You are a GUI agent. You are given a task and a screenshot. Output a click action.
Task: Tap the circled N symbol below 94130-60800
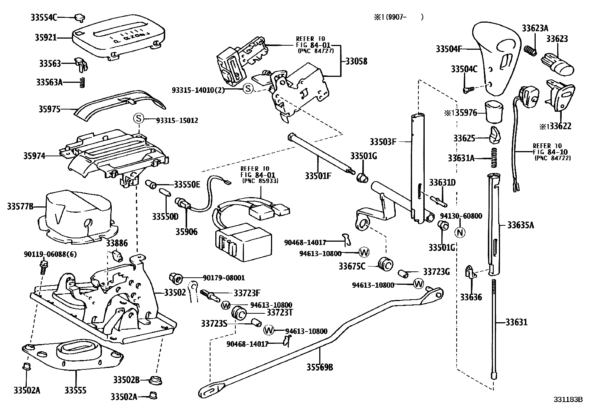460,232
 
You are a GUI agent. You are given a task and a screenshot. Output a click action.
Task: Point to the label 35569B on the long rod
320,368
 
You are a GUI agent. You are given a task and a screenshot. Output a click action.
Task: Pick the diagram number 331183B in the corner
568,400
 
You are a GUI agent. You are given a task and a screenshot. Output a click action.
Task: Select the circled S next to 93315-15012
138,119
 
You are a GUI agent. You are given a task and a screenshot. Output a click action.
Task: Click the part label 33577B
20,206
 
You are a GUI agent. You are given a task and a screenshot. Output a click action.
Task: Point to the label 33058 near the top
356,61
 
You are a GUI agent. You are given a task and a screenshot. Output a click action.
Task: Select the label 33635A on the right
520,225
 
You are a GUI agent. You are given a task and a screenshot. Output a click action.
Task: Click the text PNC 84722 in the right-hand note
552,158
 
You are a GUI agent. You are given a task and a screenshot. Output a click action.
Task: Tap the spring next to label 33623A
530,50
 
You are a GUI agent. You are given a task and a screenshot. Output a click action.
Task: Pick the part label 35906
186,232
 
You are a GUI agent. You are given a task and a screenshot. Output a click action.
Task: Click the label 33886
117,244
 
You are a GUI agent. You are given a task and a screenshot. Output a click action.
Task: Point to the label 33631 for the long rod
516,322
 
